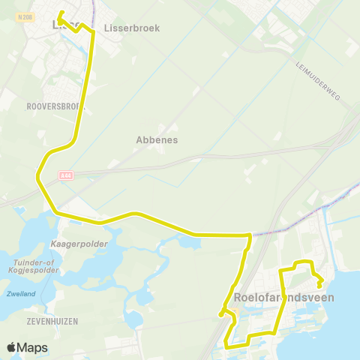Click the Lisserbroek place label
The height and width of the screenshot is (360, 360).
point(131,27)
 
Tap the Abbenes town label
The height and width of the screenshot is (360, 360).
point(157,139)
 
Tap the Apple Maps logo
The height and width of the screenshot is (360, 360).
point(27,347)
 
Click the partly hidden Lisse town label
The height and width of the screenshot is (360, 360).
point(66,24)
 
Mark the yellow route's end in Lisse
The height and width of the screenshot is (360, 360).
point(59,13)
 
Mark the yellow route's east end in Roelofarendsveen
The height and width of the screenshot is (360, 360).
point(320,286)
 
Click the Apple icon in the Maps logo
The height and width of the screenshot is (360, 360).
point(11,347)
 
